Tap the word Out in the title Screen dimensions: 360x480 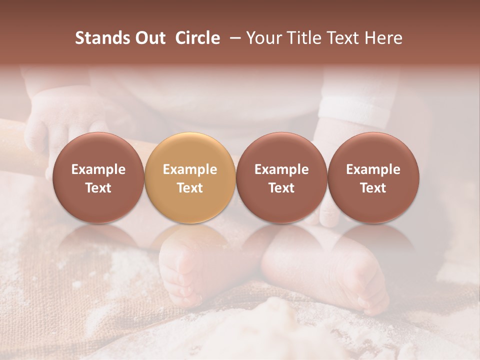[149, 38]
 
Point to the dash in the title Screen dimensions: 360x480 [233, 38]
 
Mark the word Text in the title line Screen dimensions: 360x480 [341, 38]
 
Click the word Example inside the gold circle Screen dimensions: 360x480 [189, 169]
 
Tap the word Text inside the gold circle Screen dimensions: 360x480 [189, 188]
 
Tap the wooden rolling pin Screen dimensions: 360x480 [20, 145]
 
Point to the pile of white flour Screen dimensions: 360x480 [280, 325]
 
